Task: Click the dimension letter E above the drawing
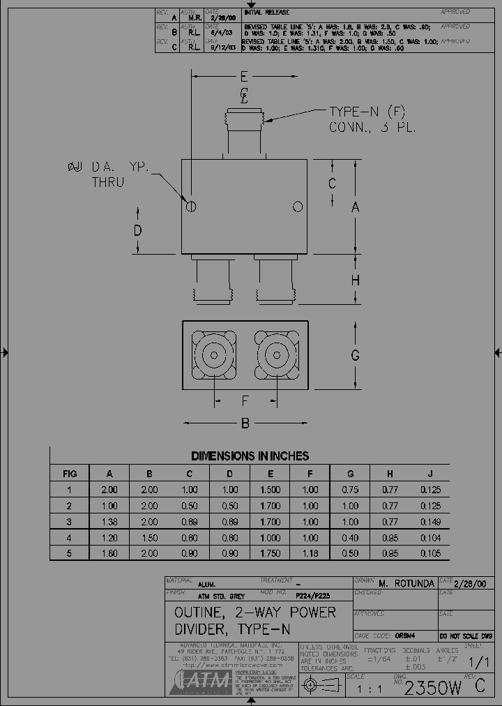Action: point(243,76)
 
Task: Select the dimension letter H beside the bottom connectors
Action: point(355,280)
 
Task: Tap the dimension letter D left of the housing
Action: point(138,230)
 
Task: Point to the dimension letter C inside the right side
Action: point(333,183)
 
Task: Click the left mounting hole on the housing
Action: point(191,206)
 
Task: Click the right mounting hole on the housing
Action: point(298,206)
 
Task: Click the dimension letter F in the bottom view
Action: point(245,400)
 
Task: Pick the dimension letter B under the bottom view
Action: point(245,423)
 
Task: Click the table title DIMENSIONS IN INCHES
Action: point(250,456)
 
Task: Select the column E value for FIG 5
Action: point(270,554)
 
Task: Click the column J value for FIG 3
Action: point(430,522)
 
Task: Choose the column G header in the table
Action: point(350,474)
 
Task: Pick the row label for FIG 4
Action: point(69,538)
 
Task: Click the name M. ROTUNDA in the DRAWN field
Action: point(406,583)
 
